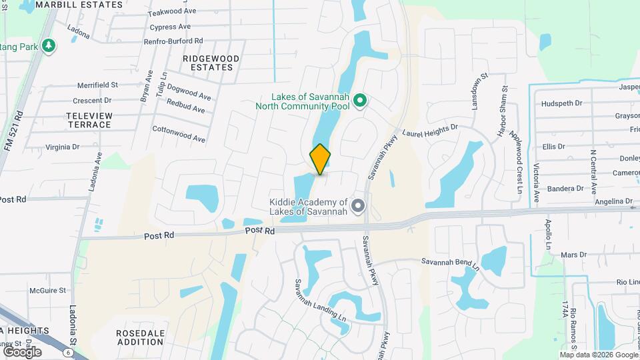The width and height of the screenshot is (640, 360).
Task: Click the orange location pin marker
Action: tap(320, 159)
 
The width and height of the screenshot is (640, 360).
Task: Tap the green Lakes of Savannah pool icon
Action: tap(360, 101)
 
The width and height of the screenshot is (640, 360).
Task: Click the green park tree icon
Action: tap(48, 45)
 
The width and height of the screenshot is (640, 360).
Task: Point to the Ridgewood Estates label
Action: tap(211, 63)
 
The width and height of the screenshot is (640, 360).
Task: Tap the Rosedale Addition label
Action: tap(139, 337)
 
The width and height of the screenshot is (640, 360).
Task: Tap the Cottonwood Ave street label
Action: tap(179, 133)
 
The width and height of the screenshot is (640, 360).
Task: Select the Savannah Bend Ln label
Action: tap(450, 263)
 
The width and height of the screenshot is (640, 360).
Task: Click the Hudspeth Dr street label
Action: tap(562, 103)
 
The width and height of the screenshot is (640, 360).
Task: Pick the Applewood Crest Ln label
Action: tap(515, 161)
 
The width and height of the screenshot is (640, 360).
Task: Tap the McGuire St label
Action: tap(47, 291)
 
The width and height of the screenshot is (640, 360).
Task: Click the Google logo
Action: tap(22, 351)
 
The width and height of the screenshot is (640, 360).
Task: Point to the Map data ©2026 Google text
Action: tap(598, 355)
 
